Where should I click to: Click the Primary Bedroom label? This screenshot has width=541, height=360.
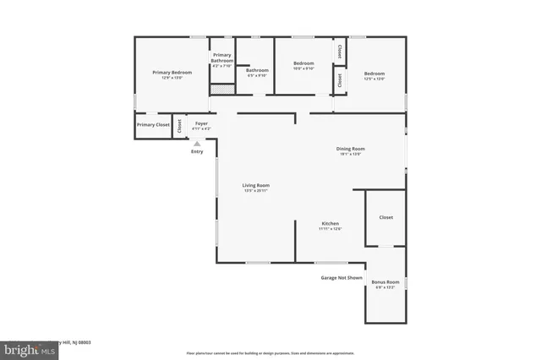tap(172, 74)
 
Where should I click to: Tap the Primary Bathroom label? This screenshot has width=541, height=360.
tap(222, 58)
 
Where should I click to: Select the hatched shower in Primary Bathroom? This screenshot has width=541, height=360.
tap(221, 88)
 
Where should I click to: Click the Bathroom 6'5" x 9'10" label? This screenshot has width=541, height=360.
tap(257, 72)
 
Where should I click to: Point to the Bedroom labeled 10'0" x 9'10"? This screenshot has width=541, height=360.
tap(303, 66)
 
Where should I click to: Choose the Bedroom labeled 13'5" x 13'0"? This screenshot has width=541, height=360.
tap(374, 75)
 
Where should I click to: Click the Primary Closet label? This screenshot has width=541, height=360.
tap(153, 125)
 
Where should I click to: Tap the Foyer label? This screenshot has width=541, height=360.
tap(201, 125)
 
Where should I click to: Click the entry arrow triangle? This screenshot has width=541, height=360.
tap(197, 144)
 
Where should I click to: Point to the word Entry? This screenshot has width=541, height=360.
tap(197, 151)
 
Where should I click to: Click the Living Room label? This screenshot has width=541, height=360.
tap(255, 187)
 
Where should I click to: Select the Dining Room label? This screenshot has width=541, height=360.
tap(350, 150)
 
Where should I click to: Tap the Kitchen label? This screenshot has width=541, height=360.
tap(330, 225)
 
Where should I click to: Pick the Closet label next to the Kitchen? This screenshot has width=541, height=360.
tap(385, 217)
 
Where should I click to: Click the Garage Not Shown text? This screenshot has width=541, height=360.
tap(342, 277)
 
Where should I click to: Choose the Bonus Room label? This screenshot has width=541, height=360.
tap(385, 283)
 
